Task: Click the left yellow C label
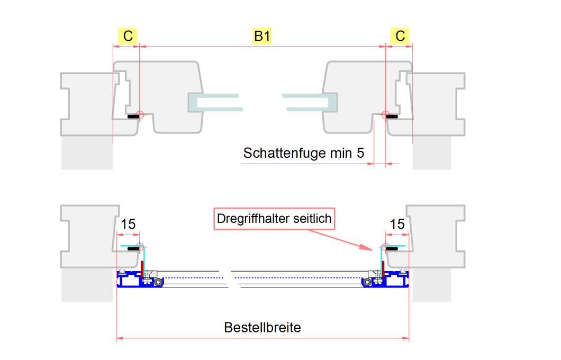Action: click(x=128, y=35)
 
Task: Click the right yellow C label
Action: click(x=400, y=35)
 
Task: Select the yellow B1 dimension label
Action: click(x=262, y=35)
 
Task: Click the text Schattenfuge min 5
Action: click(x=304, y=153)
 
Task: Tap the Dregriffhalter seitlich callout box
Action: click(x=274, y=218)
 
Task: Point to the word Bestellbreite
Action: click(x=263, y=327)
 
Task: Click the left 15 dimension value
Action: click(x=128, y=224)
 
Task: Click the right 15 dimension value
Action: click(x=397, y=224)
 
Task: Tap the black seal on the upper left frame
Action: click(x=132, y=115)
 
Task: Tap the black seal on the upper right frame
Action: click(x=392, y=115)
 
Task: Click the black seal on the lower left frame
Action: click(x=133, y=248)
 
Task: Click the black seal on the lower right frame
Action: click(x=392, y=248)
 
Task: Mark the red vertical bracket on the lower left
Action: click(x=143, y=267)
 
